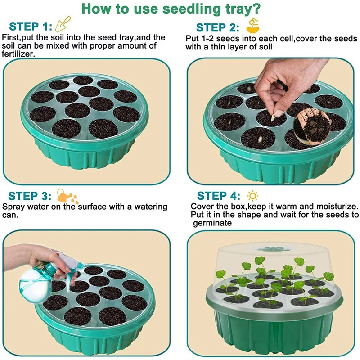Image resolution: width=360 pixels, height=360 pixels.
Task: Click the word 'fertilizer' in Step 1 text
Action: click(18, 54)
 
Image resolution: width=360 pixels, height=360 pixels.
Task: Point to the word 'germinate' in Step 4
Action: click(212, 224)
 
